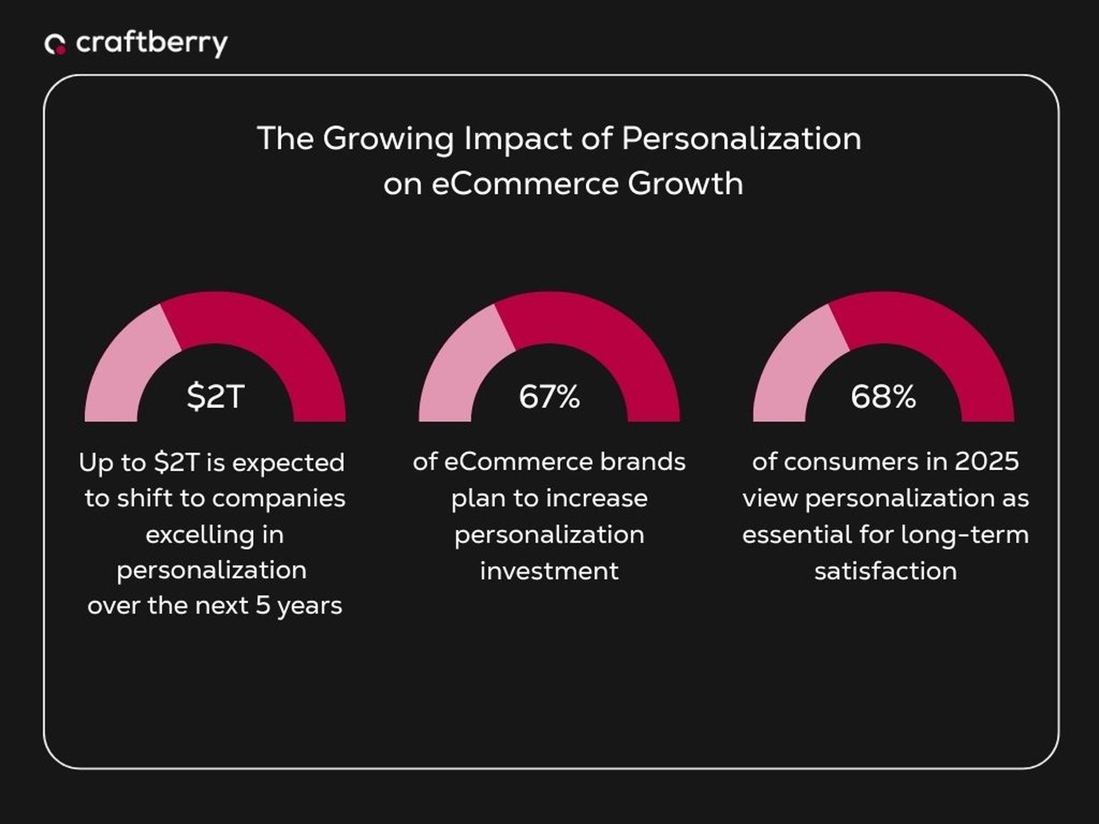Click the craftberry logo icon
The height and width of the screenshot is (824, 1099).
(x=55, y=44)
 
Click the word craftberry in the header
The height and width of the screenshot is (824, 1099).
(x=152, y=43)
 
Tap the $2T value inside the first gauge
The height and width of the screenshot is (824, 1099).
(x=215, y=396)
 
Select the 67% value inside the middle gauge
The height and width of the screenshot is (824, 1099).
(x=549, y=396)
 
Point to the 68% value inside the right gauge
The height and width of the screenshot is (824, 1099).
(x=883, y=396)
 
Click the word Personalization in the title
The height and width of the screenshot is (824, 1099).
(x=741, y=138)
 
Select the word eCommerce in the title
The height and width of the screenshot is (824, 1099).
(x=525, y=183)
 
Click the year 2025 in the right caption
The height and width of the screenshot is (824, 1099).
(x=986, y=461)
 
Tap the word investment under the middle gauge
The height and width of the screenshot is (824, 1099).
(x=549, y=571)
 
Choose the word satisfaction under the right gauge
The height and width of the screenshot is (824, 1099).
(x=885, y=571)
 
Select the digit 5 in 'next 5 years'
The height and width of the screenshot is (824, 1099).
(x=263, y=605)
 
